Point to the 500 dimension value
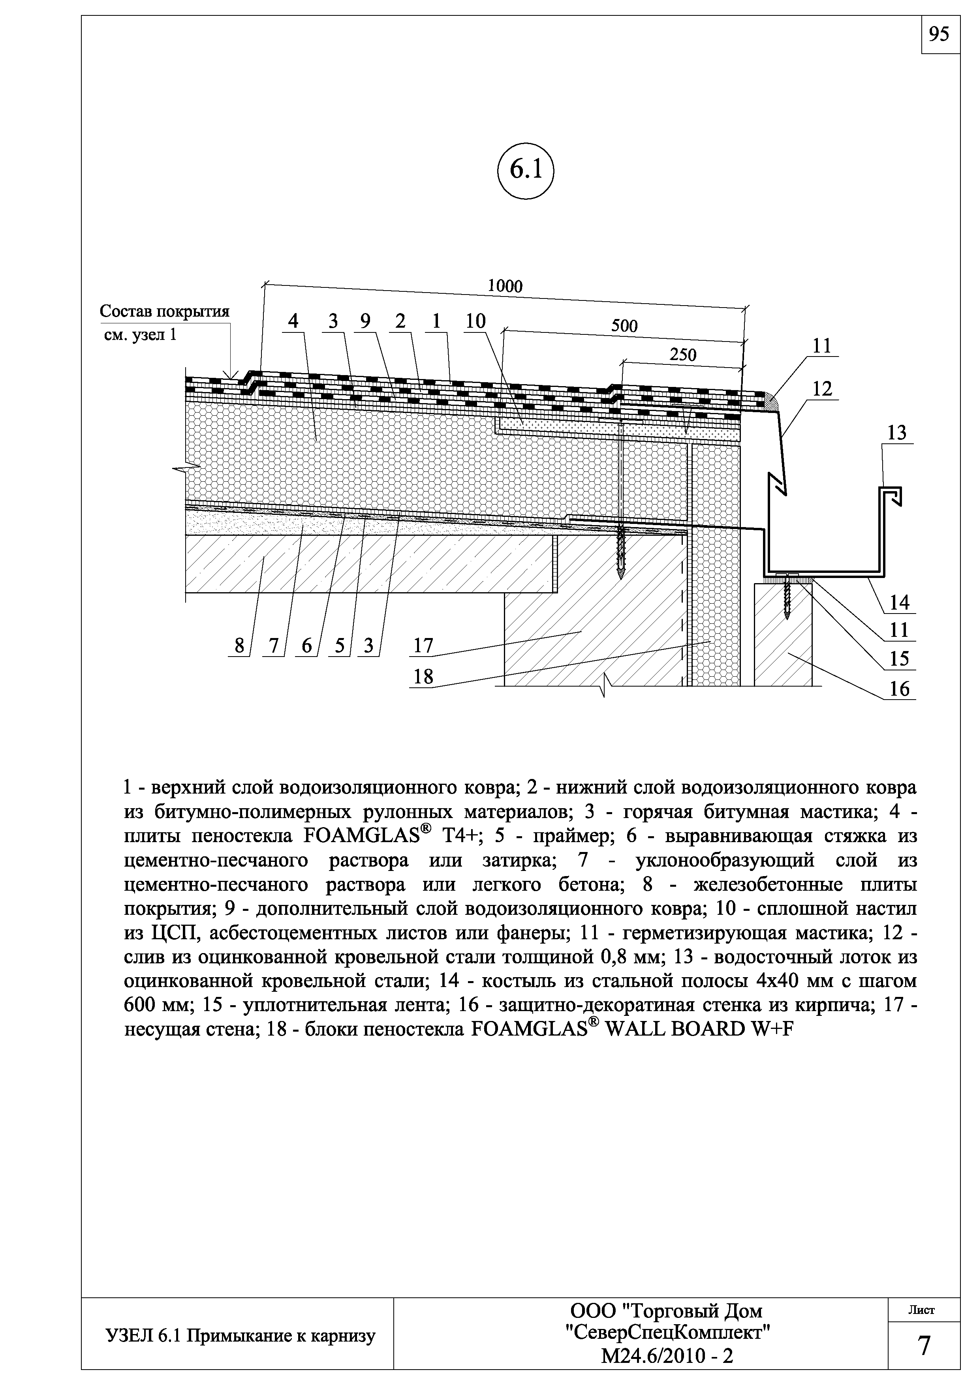click(x=624, y=327)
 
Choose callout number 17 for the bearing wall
click(x=423, y=646)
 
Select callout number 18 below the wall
click(x=423, y=677)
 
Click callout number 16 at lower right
click(x=899, y=689)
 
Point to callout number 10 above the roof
click(x=475, y=321)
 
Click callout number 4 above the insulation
click(x=293, y=321)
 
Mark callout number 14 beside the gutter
click(x=899, y=602)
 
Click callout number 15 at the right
click(x=899, y=659)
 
